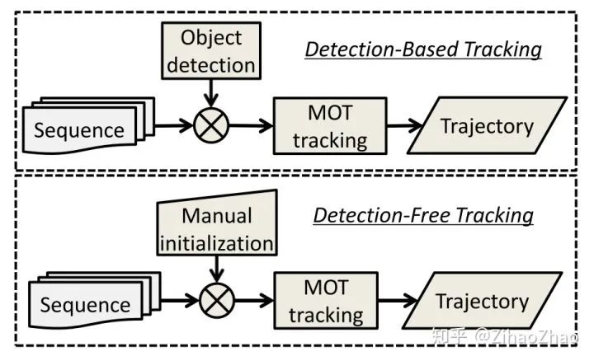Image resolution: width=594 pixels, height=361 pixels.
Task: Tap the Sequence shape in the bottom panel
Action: point(84,304)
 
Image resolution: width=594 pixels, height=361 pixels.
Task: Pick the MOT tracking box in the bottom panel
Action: point(326,301)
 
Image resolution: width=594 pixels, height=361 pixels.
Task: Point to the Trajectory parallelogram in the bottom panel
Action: point(482,301)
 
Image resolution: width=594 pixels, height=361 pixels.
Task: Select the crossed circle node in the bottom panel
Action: point(217,300)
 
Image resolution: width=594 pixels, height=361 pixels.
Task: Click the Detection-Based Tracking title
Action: point(423,49)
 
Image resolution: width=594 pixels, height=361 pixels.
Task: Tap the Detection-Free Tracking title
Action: point(423,216)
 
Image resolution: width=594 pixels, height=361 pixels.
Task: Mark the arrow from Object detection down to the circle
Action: point(211,93)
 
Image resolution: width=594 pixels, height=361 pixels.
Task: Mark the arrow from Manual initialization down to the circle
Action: point(217,268)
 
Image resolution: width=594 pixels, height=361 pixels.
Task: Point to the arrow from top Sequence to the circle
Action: point(170,126)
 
